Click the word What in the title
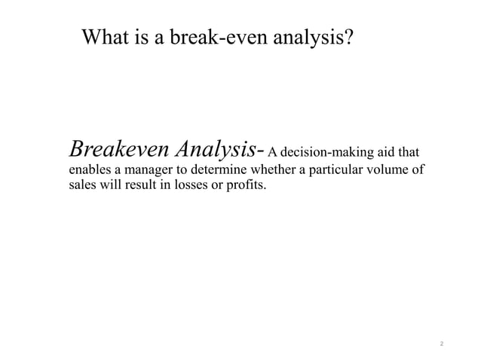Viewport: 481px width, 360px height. point(106,37)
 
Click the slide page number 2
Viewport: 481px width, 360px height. point(442,344)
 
